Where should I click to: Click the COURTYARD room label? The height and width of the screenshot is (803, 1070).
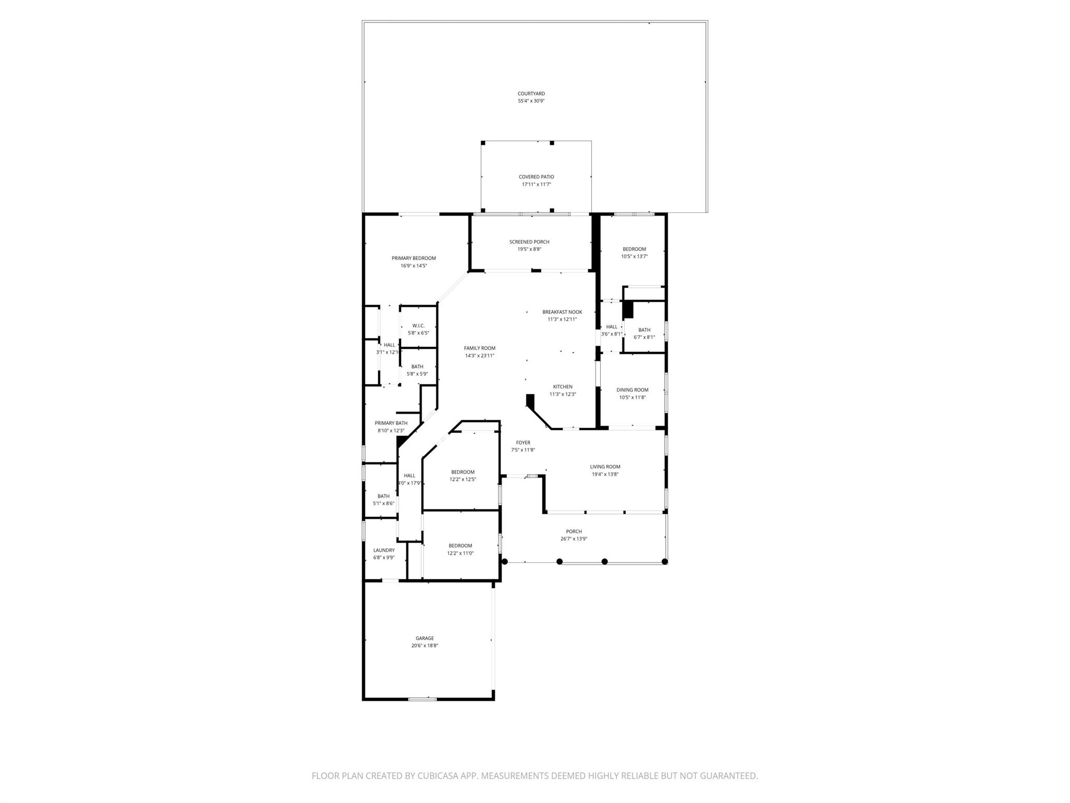[531, 94]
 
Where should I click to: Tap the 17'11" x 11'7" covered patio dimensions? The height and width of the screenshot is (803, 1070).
[536, 185]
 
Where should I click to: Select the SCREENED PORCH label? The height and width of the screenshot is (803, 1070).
[529, 242]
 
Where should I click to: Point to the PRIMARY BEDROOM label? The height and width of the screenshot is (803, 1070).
[413, 258]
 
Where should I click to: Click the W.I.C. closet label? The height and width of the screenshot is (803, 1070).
[418, 326]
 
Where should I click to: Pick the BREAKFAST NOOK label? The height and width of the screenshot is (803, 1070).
[562, 312]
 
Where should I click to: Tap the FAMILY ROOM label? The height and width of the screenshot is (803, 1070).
[479, 348]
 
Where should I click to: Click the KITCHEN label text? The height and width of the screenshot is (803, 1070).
[562, 387]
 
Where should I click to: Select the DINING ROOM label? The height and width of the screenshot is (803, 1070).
[632, 390]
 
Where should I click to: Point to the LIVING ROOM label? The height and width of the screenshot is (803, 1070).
[605, 467]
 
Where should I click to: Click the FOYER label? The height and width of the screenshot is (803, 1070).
[522, 443]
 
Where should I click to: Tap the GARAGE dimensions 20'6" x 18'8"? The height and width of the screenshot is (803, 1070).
[424, 646]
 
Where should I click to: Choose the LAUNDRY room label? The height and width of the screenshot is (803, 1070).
[383, 550]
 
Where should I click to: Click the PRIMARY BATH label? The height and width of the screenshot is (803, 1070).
[391, 423]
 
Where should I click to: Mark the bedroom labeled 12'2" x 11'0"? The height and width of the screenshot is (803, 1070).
[460, 553]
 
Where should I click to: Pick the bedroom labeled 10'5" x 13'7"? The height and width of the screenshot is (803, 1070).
[634, 256]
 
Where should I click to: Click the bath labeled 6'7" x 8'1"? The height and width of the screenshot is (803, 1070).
[644, 337]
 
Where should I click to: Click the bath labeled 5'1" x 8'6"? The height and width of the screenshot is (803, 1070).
[383, 503]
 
